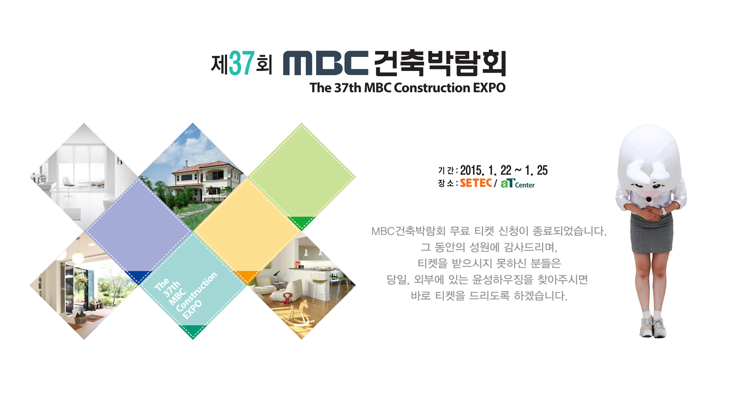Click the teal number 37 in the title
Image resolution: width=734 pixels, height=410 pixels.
point(241,63)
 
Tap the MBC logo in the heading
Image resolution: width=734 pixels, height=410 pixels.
point(326,63)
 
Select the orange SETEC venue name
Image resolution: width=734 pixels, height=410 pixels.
point(476,183)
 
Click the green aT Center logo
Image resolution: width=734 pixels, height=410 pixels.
point(517,183)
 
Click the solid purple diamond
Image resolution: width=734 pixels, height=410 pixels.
point(138,232)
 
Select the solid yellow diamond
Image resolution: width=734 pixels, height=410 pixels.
point(247,232)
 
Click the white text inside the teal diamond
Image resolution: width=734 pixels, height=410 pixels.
point(186,296)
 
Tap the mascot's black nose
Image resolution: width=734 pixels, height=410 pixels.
point(649,199)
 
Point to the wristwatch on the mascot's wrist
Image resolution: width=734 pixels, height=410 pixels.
point(664,211)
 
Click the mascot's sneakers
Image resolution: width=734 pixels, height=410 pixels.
point(653,327)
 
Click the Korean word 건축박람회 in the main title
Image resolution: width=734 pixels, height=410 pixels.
point(440,63)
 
